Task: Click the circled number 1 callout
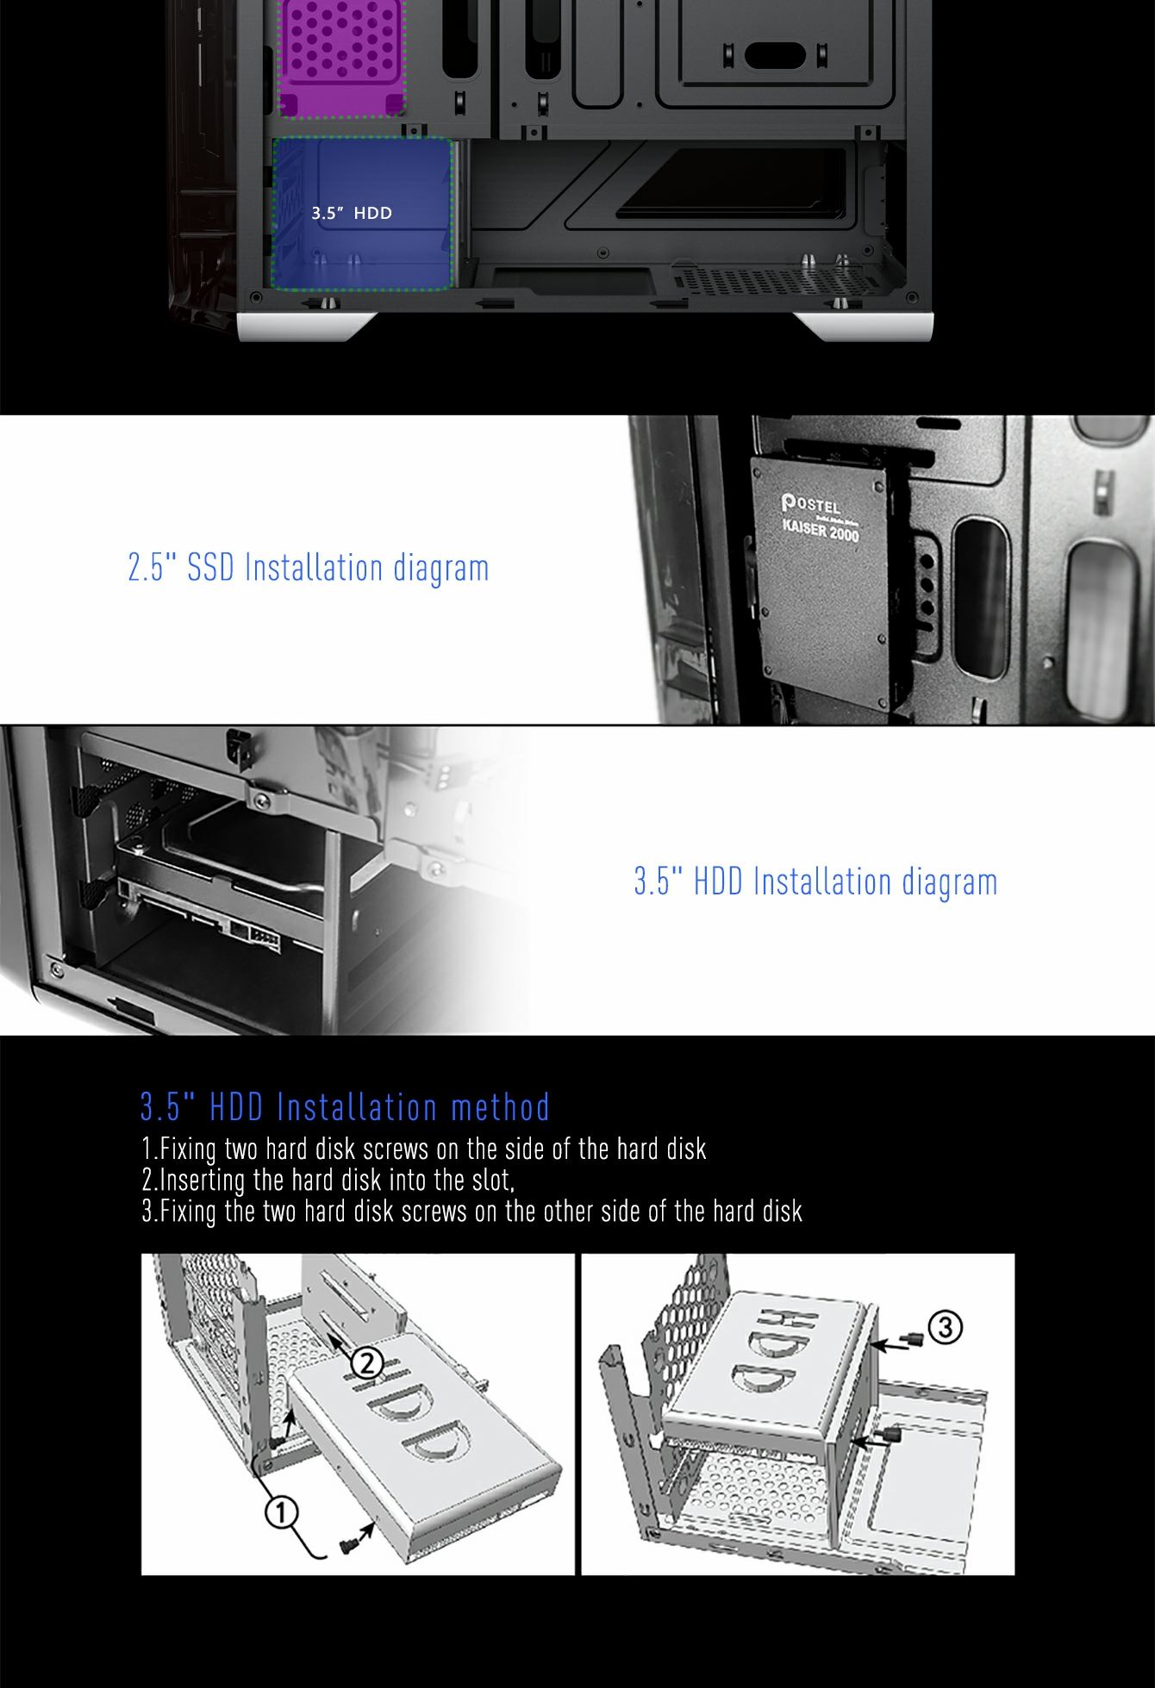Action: (281, 1512)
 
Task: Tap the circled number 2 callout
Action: (366, 1362)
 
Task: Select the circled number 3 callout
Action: (946, 1327)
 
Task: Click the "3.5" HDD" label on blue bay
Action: (352, 213)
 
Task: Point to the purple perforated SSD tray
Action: (341, 57)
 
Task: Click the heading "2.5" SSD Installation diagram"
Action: (309, 569)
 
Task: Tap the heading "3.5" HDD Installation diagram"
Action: (815, 881)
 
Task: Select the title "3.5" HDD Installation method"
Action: (345, 1107)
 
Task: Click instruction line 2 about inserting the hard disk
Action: (328, 1179)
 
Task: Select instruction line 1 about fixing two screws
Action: (424, 1149)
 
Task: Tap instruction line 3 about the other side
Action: (472, 1211)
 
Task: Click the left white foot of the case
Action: (307, 327)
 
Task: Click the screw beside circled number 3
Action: (913, 1339)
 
